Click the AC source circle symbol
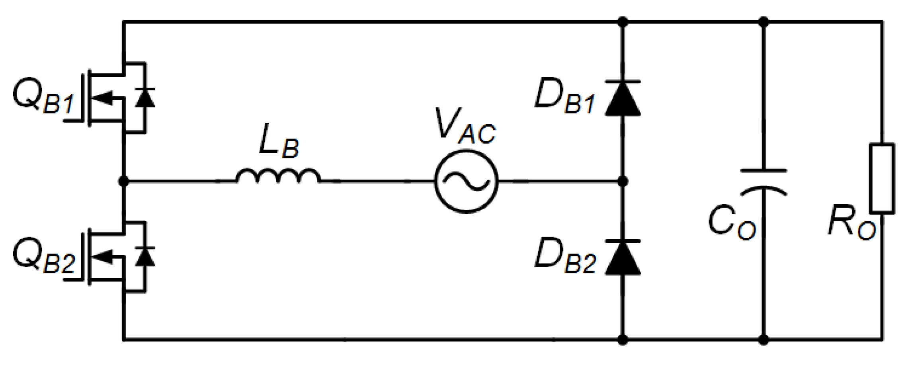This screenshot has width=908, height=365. click(x=466, y=182)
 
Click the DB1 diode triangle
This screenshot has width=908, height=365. click(x=623, y=100)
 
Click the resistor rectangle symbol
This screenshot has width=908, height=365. click(x=882, y=178)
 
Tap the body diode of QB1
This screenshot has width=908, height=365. click(x=145, y=98)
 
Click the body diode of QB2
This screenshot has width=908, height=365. click(x=145, y=257)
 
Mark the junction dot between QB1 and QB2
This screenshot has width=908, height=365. click(x=124, y=182)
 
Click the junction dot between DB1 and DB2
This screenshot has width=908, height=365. click(x=623, y=182)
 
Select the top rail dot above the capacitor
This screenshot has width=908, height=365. click(x=764, y=22)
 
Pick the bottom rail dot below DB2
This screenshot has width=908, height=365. click(x=623, y=340)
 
